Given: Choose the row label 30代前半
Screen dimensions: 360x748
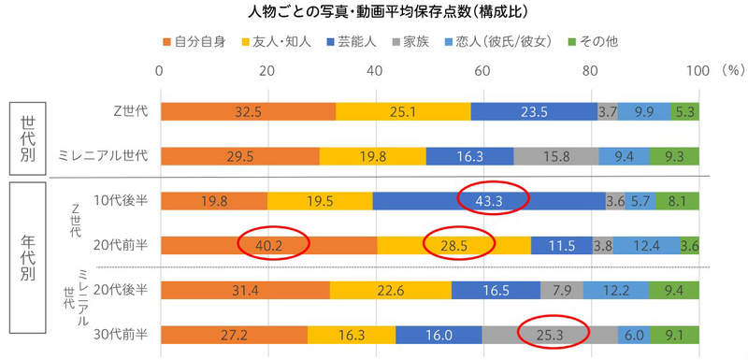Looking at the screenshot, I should pos(118,334).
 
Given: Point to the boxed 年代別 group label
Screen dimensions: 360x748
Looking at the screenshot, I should pos(28,267).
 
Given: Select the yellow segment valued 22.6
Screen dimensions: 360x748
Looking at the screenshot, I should pos(391,290).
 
